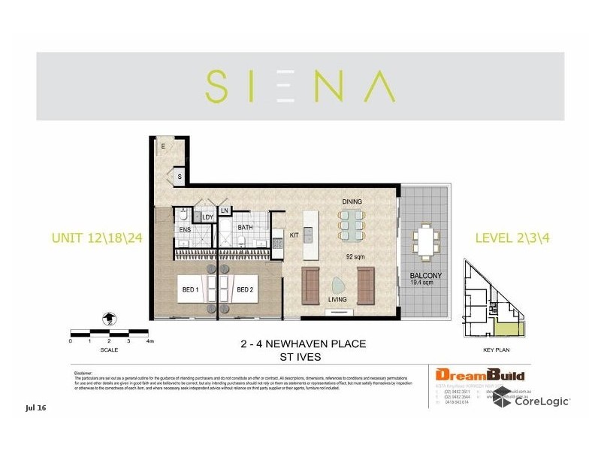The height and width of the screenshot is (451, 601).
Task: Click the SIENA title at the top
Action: [x=300, y=86]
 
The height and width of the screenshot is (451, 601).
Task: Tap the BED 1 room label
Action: [x=190, y=289]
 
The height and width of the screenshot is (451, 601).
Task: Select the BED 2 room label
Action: [x=245, y=289]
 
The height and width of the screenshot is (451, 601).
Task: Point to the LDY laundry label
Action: [x=208, y=218]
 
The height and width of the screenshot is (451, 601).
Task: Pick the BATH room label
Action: [x=245, y=227]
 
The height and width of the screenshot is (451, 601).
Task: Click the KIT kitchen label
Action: [x=294, y=236]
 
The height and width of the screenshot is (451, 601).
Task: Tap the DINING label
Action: [x=352, y=201]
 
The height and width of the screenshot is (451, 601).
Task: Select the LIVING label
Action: [x=337, y=299]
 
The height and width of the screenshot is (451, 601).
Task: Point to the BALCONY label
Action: [x=424, y=276]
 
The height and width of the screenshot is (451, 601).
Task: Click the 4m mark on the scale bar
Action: [x=149, y=341]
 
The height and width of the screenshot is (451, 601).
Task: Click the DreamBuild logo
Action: [x=480, y=375]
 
